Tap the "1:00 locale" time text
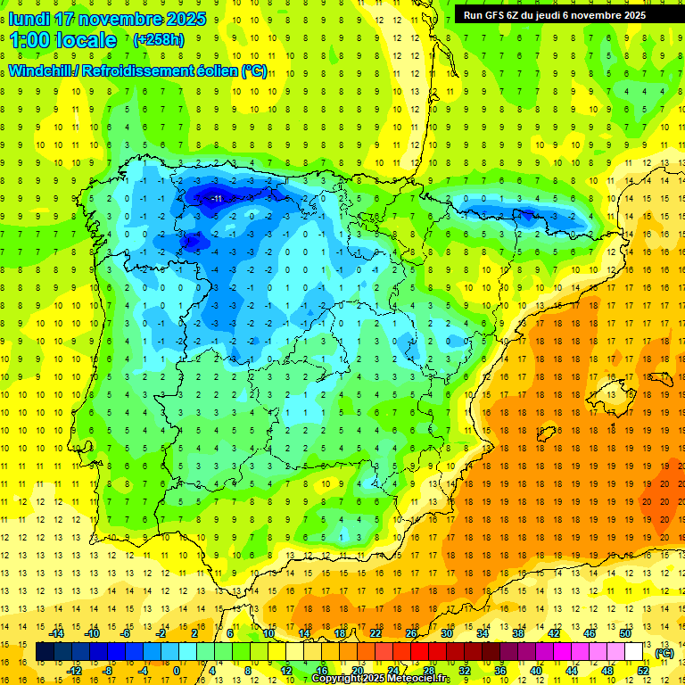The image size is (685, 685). (63, 40)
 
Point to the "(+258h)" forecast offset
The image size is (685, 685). (158, 40)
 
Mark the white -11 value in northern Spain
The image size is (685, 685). (215, 198)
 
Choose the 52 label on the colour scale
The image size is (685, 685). (643, 671)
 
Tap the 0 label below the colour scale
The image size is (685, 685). (176, 671)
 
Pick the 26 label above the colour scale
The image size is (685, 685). (411, 633)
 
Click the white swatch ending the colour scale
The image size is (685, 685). (634, 652)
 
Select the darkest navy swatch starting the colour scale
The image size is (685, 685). (44, 652)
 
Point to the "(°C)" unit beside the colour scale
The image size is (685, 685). (664, 653)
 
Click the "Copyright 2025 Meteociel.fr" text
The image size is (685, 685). (381, 679)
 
